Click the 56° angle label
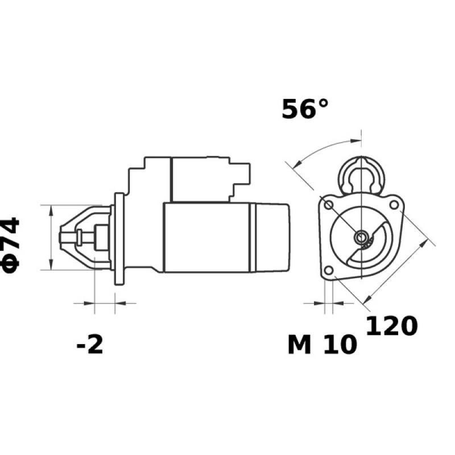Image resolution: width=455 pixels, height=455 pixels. (x=305, y=109)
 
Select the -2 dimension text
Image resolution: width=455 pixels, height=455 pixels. (x=90, y=345)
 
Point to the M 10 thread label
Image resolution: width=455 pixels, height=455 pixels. (x=322, y=345)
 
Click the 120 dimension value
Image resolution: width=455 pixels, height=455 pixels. (x=391, y=326)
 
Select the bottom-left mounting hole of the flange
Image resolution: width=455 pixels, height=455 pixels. (x=328, y=270)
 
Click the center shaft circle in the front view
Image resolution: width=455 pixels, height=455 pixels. (x=361, y=237)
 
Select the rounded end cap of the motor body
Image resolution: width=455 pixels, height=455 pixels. (x=273, y=237)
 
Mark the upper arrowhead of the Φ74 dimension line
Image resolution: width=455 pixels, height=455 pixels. (x=51, y=209)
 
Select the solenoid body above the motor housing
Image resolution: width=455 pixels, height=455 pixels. (x=199, y=179)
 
